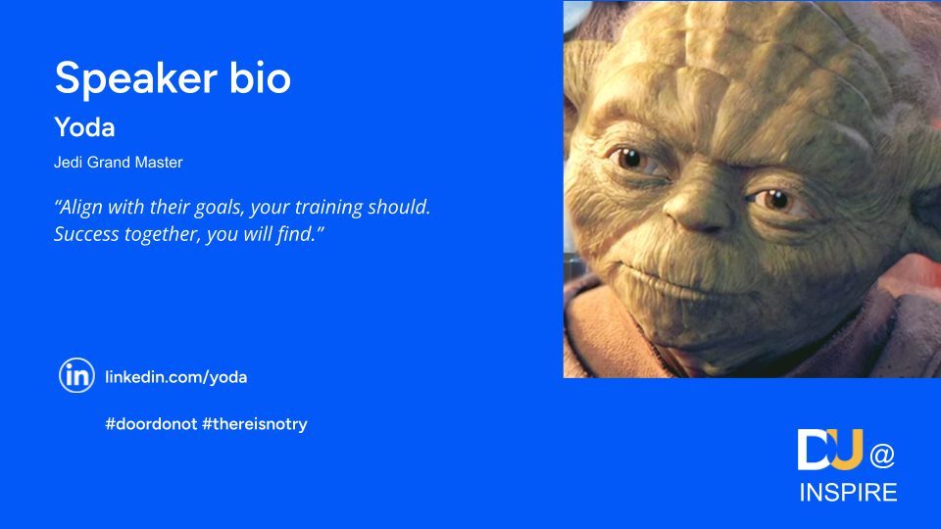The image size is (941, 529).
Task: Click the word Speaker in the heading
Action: [135, 79]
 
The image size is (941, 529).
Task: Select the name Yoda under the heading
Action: [84, 127]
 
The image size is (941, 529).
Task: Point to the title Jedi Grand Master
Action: [119, 163]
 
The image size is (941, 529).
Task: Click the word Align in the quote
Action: [79, 208]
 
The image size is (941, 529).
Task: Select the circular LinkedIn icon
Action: [76, 375]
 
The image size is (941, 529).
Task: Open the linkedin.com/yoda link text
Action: [175, 377]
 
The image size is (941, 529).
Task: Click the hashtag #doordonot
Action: [151, 424]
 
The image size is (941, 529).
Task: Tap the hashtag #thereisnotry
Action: [255, 424]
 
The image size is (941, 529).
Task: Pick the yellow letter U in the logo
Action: [847, 450]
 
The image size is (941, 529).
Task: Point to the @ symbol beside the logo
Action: [882, 456]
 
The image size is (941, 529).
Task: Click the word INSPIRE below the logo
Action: [848, 493]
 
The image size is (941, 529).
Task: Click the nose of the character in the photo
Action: [696, 207]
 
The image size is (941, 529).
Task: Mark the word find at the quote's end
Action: [295, 233]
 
